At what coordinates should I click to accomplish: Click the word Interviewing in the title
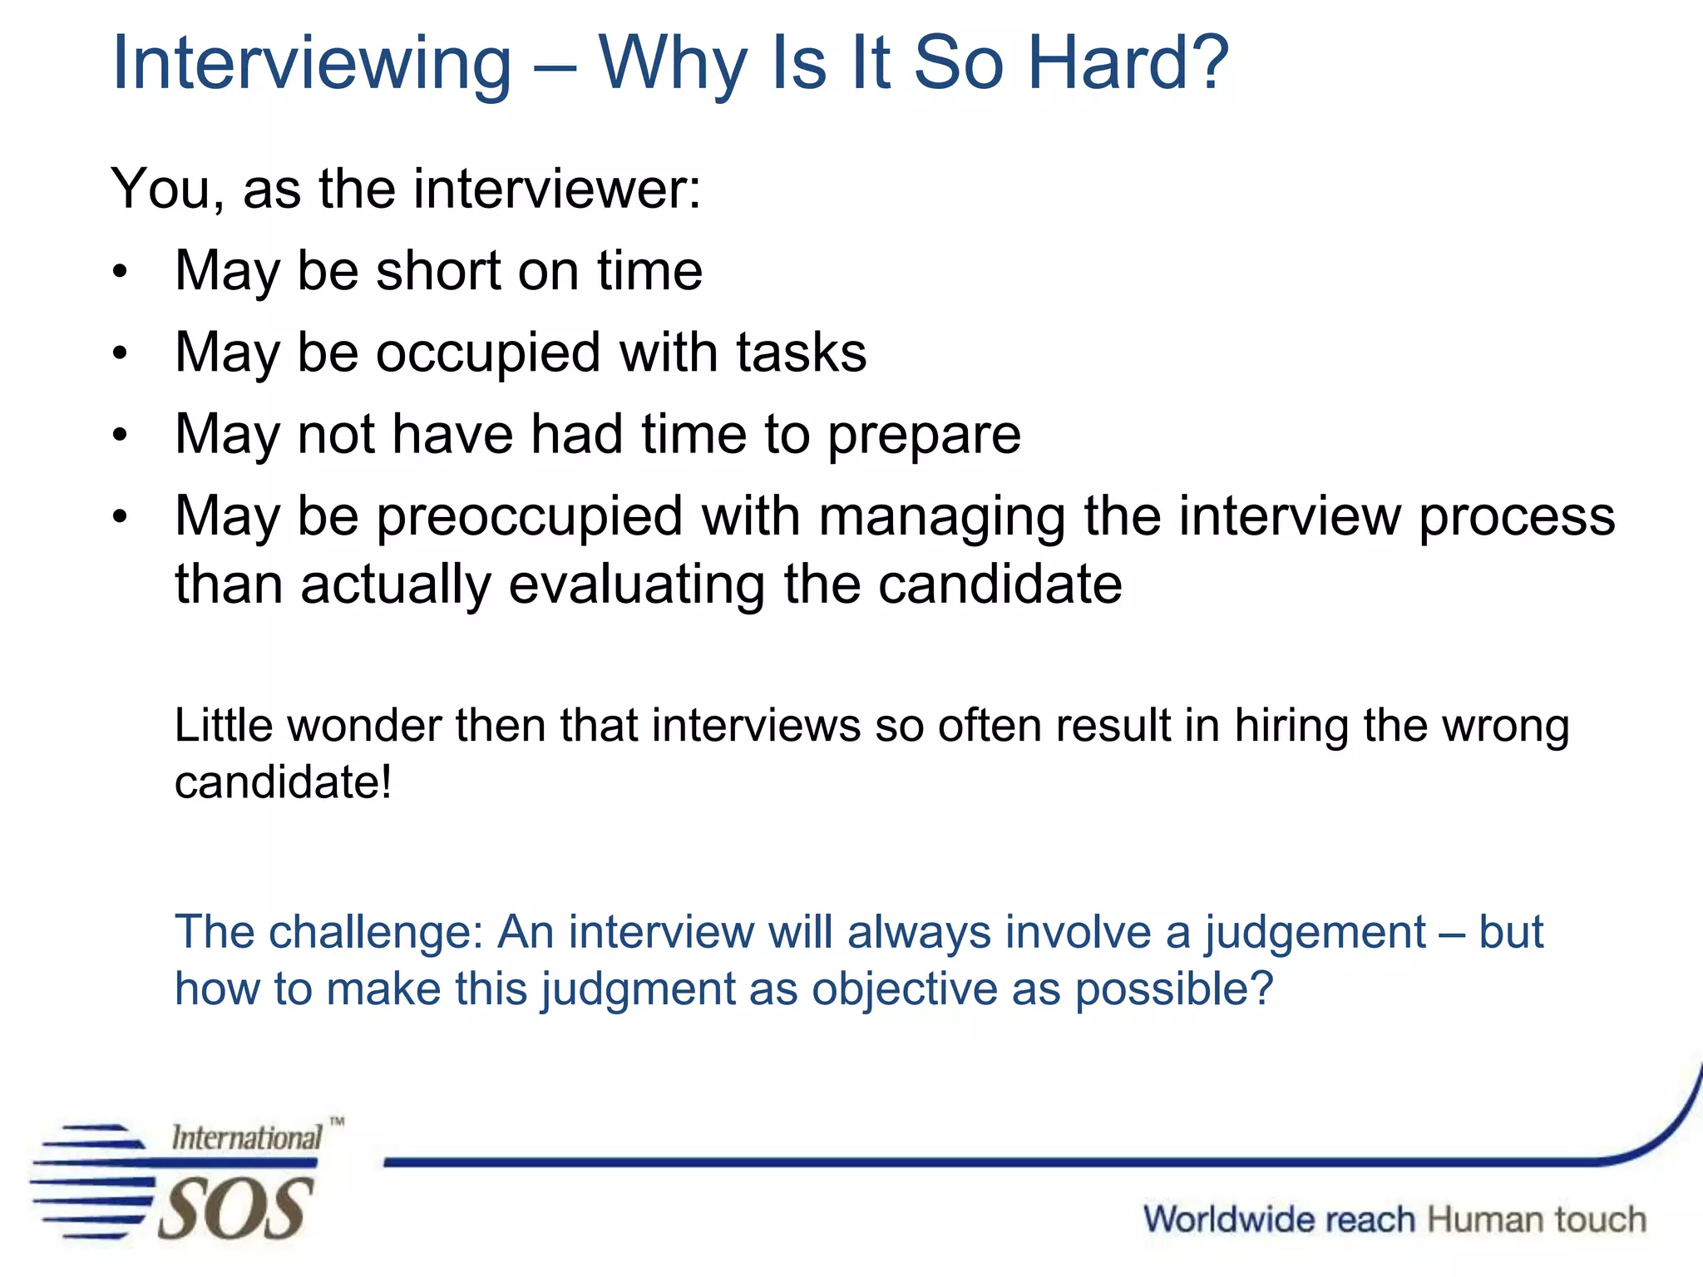click(x=312, y=64)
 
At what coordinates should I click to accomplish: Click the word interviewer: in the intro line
click(x=557, y=189)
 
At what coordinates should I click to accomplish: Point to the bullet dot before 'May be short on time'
click(x=121, y=272)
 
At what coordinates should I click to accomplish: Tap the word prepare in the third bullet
click(x=924, y=435)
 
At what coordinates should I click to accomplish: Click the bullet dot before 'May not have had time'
click(x=121, y=435)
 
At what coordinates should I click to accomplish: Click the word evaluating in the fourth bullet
click(x=637, y=584)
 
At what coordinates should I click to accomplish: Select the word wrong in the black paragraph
click(x=1505, y=725)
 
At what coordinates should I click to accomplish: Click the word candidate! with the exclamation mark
click(x=283, y=782)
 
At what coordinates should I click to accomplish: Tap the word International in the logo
click(x=246, y=1137)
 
